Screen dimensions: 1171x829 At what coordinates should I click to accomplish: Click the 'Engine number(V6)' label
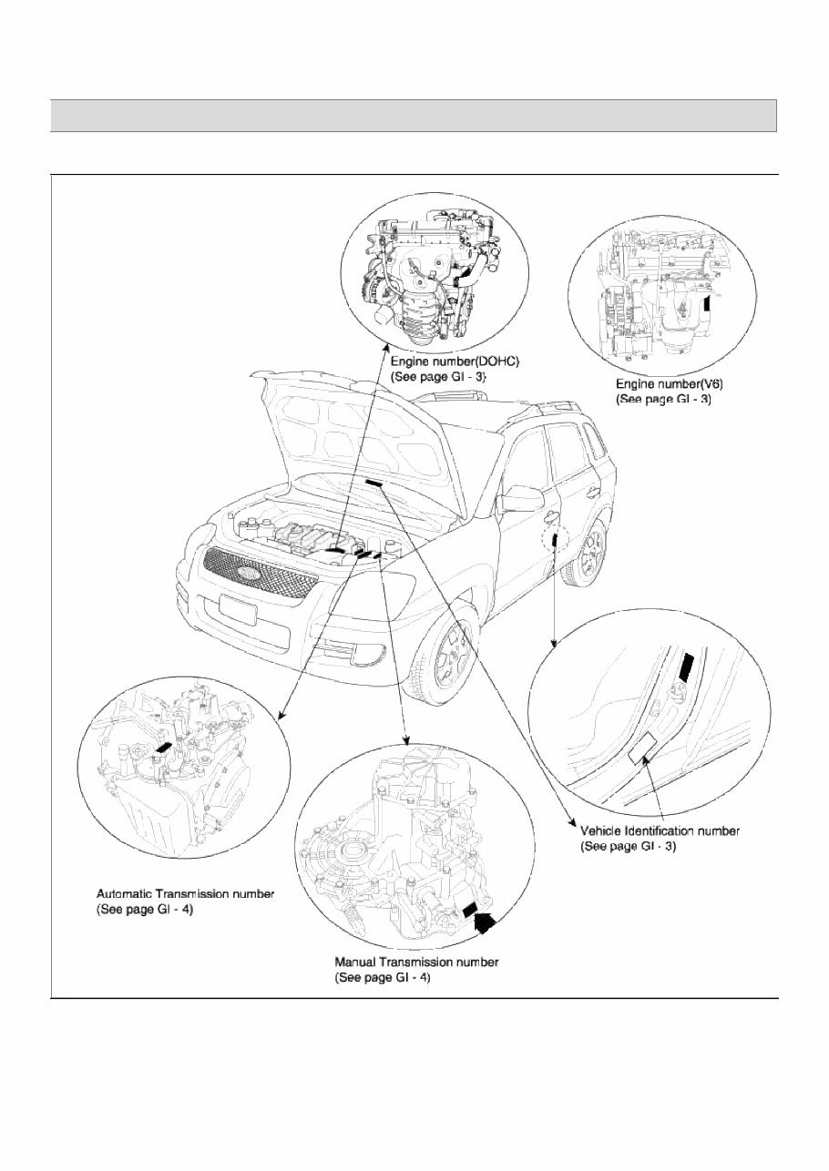669,385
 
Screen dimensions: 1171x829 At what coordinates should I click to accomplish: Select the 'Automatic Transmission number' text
185,894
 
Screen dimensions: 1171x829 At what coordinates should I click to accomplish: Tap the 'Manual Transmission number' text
416,962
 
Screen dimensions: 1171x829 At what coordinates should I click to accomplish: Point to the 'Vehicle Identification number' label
660,830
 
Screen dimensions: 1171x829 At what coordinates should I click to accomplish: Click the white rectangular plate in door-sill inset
644,747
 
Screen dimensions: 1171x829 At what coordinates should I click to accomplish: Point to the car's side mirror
524,498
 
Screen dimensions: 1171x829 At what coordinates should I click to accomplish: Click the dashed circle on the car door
553,541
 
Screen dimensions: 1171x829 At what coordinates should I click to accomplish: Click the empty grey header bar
414,116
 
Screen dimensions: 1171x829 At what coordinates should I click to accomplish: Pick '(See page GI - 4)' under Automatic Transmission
145,910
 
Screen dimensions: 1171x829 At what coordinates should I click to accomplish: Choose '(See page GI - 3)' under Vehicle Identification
628,846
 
